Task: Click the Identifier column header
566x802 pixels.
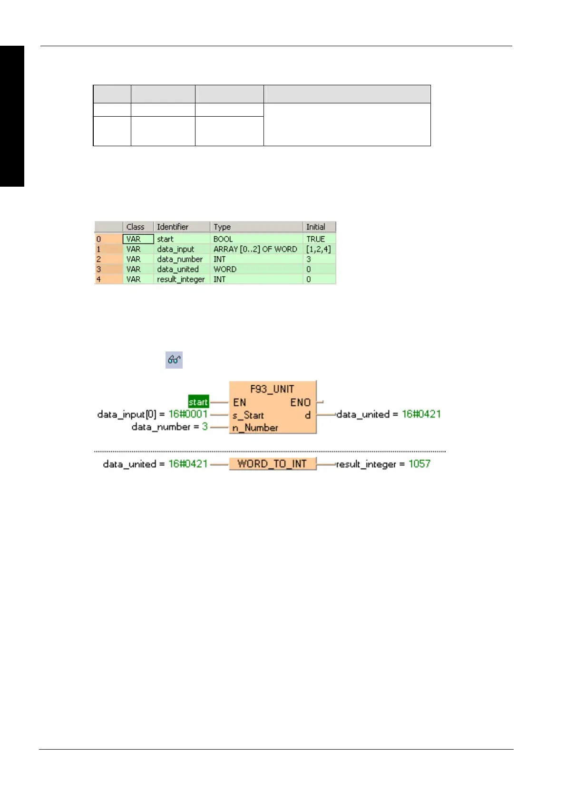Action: tap(173, 227)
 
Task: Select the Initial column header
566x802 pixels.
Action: tap(316, 227)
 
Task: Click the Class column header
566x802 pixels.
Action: tap(135, 227)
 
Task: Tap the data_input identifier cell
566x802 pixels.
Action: tap(176, 249)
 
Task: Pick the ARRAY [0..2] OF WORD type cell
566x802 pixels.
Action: tap(255, 249)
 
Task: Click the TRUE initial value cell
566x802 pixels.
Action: tap(316, 239)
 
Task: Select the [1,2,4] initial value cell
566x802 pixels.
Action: tap(319, 249)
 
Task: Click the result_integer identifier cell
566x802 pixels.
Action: tap(181, 279)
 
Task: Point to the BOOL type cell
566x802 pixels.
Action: tap(223, 239)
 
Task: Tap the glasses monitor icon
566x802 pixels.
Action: tap(174, 360)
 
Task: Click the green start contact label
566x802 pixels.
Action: tap(198, 402)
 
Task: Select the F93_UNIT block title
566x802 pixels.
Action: tap(272, 389)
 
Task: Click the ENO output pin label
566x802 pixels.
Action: tap(300, 402)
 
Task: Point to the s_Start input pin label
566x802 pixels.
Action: tap(248, 415)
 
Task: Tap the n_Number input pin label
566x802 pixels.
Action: tap(255, 428)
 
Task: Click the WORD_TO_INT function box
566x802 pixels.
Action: tap(272, 464)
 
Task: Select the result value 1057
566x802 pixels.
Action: tap(419, 464)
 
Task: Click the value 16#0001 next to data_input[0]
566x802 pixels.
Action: tap(188, 414)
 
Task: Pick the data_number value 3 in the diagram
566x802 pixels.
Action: tap(205, 427)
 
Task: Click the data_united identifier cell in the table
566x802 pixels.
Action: tap(178, 269)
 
